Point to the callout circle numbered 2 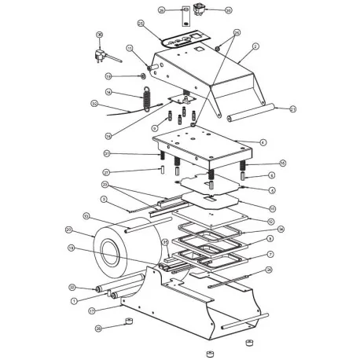[255, 47]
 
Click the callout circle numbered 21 [292, 108]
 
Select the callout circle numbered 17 [92, 310]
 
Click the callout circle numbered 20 [69, 230]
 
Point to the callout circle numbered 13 [86, 216]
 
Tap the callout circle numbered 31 [106, 153]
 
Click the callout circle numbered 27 [106, 172]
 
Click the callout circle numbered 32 [94, 104]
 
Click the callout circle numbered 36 [99, 35]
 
